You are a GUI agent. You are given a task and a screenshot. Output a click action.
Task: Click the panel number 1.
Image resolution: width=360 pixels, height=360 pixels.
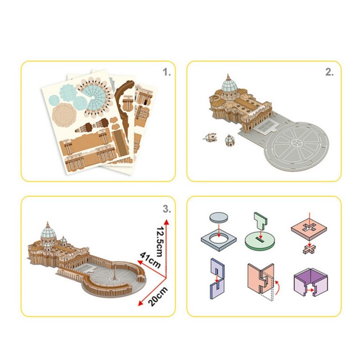tap(167, 72)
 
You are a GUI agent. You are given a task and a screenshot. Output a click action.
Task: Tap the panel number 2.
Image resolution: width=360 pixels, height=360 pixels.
tap(330, 72)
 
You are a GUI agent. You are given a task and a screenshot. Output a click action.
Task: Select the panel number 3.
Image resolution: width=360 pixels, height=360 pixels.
tap(167, 209)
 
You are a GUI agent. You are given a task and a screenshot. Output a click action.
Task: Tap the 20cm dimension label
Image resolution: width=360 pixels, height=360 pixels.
tap(157, 296)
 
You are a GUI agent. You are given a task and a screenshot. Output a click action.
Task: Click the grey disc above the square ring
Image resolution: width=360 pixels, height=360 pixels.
tap(219, 217)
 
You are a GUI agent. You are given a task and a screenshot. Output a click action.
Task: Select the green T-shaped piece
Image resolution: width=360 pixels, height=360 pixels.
tap(261, 221)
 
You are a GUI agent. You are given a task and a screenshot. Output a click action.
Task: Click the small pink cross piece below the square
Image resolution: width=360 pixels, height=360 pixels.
tap(309, 249)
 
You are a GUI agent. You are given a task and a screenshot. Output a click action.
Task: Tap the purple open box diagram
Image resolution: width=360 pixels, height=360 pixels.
tap(311, 282)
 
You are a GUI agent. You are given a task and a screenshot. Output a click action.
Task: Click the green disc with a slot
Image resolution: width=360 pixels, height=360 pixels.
tap(260, 241)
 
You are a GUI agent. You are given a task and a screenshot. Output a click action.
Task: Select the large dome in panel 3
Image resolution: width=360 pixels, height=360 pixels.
tap(48, 232)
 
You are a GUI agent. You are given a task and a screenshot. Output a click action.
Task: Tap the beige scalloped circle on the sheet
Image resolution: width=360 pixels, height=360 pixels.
tap(64, 115)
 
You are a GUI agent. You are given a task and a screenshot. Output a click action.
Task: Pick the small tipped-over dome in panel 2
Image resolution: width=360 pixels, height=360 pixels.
tap(210, 137)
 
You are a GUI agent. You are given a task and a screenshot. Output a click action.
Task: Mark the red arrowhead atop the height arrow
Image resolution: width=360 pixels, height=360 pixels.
tap(167, 222)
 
